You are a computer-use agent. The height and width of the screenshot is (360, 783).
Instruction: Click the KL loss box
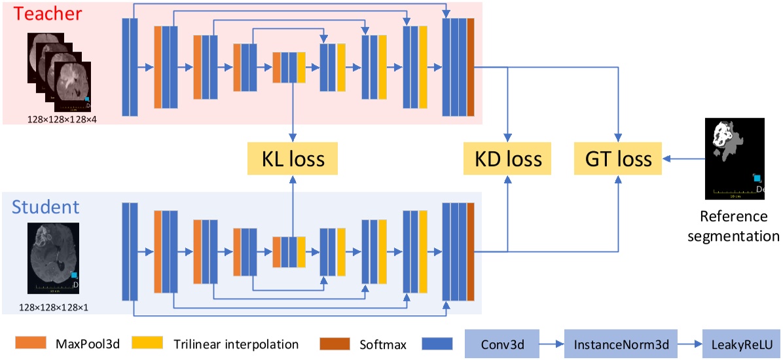point(293,158)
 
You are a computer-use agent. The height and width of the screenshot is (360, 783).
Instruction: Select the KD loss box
point(508,158)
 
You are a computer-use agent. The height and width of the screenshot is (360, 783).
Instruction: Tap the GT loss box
point(618,158)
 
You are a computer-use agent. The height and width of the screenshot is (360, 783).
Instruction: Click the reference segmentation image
point(734,158)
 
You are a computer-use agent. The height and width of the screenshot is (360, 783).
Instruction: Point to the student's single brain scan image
point(53,258)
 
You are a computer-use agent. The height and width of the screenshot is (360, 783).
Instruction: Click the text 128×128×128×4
point(62,118)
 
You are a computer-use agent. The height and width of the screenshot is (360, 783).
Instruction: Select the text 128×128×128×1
point(53,306)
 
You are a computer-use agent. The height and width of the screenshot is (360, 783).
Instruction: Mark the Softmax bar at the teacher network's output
point(470,67)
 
